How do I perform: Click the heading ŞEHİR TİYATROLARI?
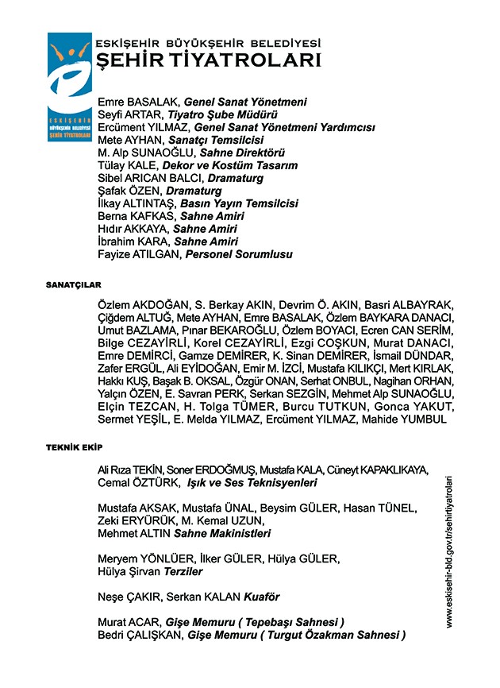click(207, 61)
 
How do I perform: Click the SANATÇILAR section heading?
click(73, 284)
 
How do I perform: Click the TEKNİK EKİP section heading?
click(74, 448)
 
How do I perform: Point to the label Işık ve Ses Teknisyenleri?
click(252, 483)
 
